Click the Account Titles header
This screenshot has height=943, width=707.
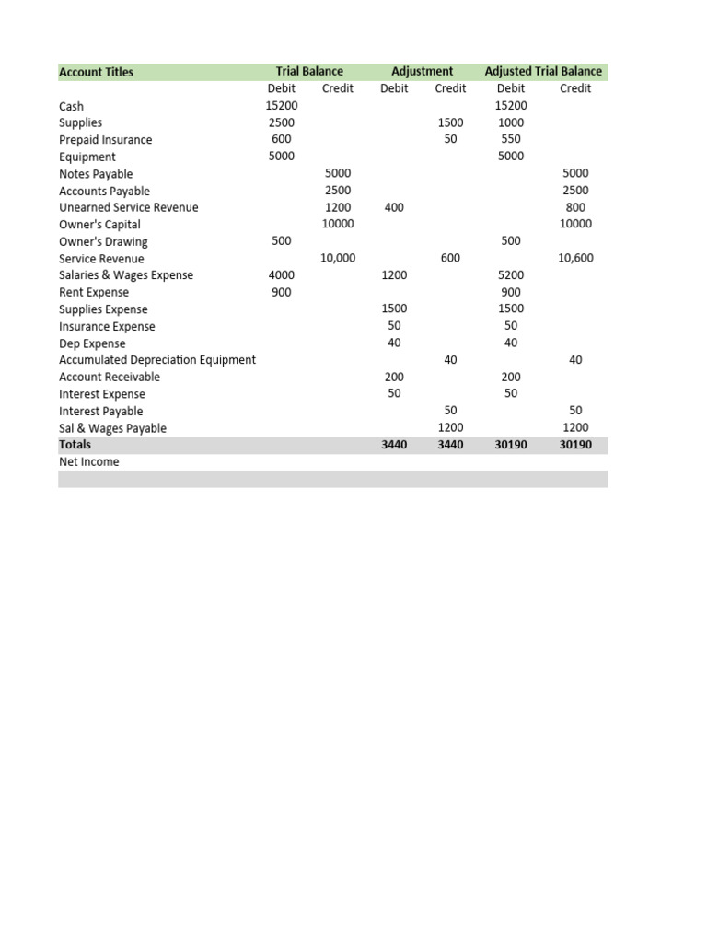coord(96,72)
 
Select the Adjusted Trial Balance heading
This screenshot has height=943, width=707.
coord(543,71)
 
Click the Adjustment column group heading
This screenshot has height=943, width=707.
coord(422,71)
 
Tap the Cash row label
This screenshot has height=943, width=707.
coord(71,106)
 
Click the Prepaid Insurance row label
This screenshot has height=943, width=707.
coord(105,140)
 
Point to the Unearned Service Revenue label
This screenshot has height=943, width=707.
coord(128,208)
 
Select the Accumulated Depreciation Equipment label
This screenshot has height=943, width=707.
coord(157,360)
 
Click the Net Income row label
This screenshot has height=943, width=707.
coord(88,462)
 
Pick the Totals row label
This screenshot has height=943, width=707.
coord(75,445)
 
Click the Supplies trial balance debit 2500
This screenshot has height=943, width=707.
coord(281,122)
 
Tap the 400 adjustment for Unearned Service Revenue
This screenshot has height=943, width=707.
coord(394,208)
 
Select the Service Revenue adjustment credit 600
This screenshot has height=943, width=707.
coord(450,259)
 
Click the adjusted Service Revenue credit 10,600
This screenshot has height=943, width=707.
coord(575,259)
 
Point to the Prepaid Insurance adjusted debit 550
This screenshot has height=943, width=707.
coord(510,139)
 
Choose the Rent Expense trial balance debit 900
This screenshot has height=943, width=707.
coord(281,292)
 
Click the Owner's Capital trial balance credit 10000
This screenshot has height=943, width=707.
coord(337,225)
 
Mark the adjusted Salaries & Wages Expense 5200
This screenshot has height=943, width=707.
coord(510,275)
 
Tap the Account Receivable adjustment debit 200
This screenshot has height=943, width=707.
coord(394,377)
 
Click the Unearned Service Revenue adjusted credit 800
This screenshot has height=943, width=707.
coord(575,208)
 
